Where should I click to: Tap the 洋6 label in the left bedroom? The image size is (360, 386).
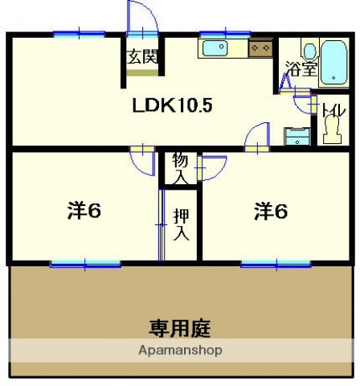click(84, 211)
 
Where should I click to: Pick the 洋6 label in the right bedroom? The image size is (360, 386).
click(272, 211)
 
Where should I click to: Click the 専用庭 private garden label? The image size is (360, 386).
click(182, 328)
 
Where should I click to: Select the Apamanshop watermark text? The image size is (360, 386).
click(180, 351)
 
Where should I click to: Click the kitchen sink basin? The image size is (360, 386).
click(216, 48)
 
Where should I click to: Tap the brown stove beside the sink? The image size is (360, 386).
click(260, 49)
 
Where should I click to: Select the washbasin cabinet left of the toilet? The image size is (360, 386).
click(297, 136)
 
